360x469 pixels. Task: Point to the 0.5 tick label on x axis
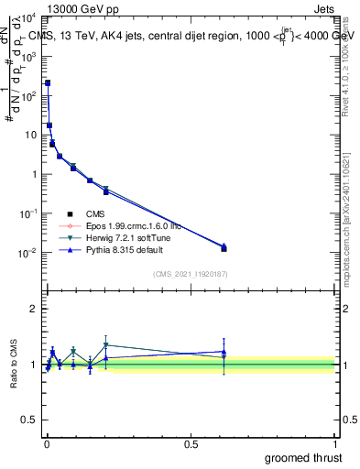(191, 444)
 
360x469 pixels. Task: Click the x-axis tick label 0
(47, 444)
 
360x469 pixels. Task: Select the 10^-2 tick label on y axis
(27, 253)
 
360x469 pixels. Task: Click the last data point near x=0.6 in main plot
(224, 247)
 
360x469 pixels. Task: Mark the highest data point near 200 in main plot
(48, 82)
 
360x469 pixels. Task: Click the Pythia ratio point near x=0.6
(224, 352)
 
